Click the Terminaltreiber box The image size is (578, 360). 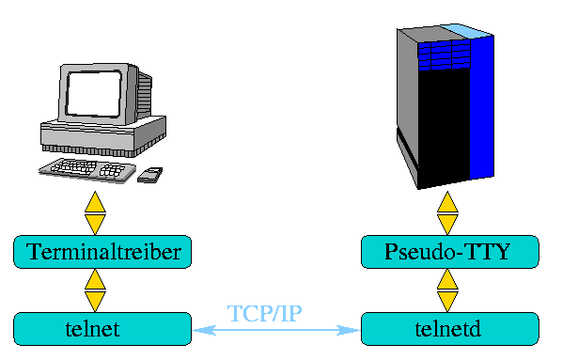103,252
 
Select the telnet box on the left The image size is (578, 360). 103,329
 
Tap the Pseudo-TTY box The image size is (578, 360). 449,252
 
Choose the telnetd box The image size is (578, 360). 449,329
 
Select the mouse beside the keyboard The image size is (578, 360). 149,174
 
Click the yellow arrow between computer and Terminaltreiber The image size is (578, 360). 96,213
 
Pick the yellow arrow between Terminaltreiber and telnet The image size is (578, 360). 96,290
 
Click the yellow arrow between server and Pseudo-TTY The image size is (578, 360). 448,213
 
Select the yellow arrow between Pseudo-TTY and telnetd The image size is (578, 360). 448,290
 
